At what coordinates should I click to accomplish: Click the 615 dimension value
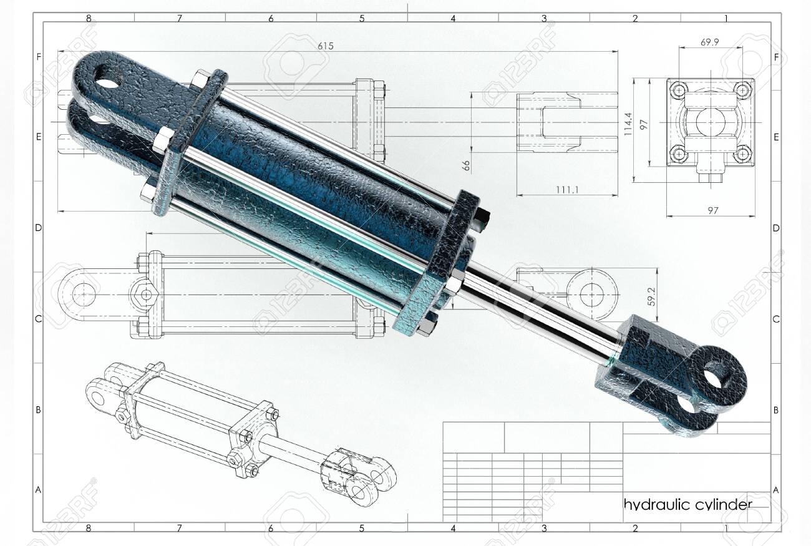326,46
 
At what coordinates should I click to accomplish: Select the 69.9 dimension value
710,42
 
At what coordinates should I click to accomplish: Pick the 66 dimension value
466,165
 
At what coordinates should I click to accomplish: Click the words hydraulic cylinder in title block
687,504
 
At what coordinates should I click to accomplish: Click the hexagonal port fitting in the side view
147,294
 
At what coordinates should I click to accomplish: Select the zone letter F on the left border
38,57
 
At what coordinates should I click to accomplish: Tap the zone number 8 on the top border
89,18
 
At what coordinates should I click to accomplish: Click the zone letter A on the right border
776,490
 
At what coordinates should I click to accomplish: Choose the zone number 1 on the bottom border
726,528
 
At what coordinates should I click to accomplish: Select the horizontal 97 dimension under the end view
712,210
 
